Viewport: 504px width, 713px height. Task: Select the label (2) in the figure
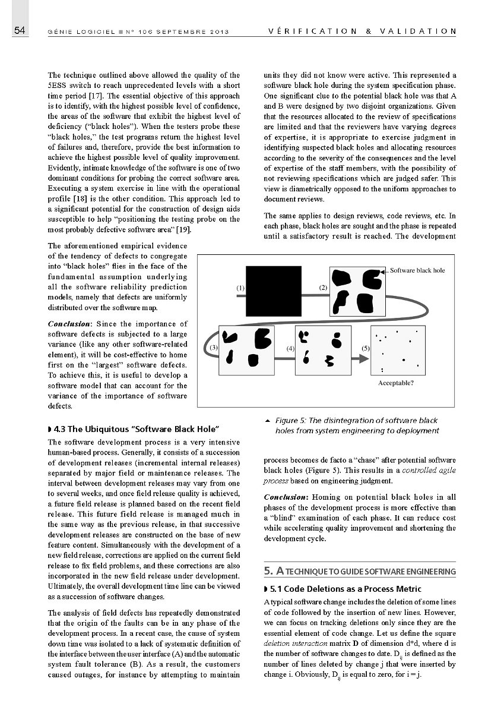[323, 288]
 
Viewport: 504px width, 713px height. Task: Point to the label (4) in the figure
[290, 348]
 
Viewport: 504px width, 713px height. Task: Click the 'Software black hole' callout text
[417, 270]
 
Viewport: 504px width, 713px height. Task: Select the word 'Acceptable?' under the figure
[396, 383]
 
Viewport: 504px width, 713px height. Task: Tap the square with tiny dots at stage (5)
[397, 351]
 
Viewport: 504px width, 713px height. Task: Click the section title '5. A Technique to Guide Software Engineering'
[360, 572]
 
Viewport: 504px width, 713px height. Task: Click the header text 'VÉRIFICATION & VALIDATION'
[362, 31]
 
